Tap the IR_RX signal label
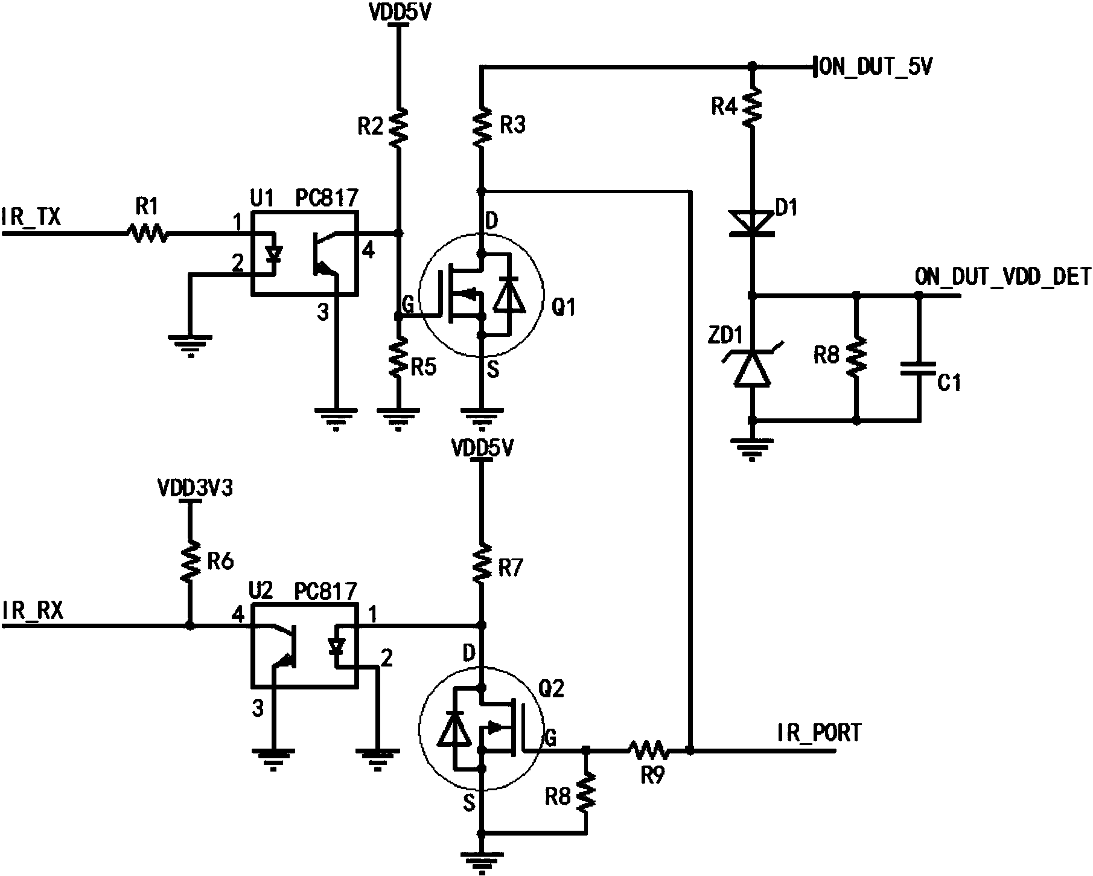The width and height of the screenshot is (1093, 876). pos(33,611)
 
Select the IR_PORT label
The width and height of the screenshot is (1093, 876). pos(819,732)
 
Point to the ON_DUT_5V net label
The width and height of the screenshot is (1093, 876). pos(876,67)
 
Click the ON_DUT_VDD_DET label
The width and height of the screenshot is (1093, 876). pos(1002,277)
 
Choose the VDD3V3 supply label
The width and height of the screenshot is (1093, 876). pos(194,489)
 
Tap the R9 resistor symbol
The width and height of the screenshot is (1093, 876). pos(648,750)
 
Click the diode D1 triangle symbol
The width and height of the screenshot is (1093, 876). pos(751,223)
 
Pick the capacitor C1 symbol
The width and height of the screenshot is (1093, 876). pos(919,369)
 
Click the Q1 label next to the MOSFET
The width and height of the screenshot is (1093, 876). pos(564,308)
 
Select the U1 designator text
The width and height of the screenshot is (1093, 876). pos(262,199)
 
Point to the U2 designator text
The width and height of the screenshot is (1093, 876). pos(261,590)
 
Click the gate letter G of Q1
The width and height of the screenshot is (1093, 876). pos(407,305)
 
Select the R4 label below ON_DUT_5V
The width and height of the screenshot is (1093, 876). pos(724,107)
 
